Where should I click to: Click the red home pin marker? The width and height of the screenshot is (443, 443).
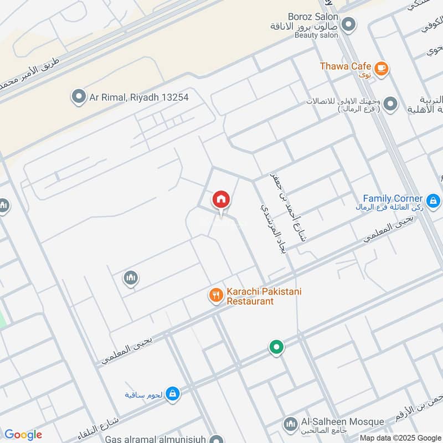[x=221, y=199]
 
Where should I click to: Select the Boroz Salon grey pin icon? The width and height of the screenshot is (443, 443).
[x=348, y=24]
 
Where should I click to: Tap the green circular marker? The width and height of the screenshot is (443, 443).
[x=276, y=348]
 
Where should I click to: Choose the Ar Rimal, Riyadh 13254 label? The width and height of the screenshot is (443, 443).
[x=139, y=97]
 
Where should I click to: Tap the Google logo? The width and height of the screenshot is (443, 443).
[x=23, y=435]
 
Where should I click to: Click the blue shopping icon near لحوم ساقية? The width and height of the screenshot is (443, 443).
[x=173, y=393]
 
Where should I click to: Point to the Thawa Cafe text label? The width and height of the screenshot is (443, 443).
[x=345, y=66]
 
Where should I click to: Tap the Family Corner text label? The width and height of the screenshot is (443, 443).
[x=393, y=198]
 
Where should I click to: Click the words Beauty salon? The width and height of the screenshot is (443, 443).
[x=316, y=35]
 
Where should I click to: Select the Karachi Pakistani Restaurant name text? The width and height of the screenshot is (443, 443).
[x=264, y=296]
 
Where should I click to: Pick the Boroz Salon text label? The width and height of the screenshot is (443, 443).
[x=313, y=17]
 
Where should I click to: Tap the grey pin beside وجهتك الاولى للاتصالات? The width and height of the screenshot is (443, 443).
[x=390, y=104]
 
